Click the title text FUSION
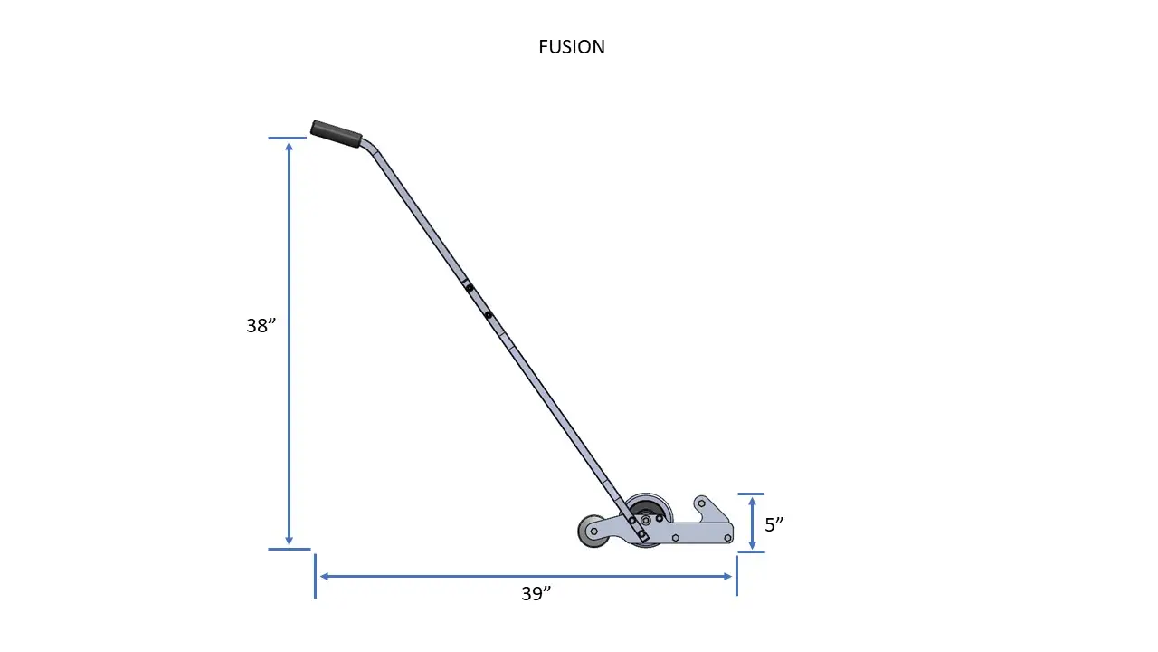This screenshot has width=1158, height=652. click(572, 47)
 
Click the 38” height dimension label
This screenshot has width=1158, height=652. click(261, 326)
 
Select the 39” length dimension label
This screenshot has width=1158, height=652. click(536, 594)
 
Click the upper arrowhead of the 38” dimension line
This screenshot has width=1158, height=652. click(289, 146)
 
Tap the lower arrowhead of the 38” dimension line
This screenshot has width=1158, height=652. click(289, 541)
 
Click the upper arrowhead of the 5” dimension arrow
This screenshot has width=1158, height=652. click(752, 501)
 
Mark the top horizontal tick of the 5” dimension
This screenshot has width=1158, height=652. click(751, 494)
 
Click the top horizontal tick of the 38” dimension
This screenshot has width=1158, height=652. click(288, 139)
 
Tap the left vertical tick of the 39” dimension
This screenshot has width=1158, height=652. click(315, 576)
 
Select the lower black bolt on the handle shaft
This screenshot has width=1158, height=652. click(488, 315)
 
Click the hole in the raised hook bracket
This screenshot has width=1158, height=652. click(702, 503)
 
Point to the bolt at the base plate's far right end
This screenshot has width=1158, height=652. click(727, 538)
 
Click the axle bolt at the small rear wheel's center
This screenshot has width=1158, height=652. click(593, 531)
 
